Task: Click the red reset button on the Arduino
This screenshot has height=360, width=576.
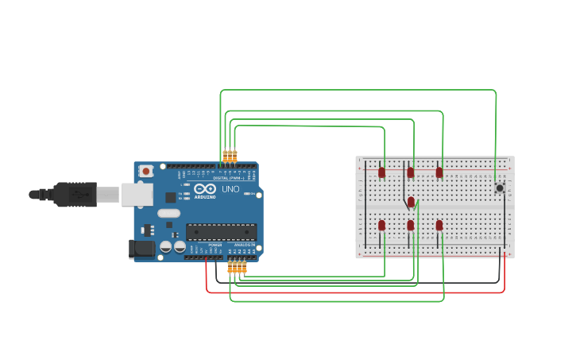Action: (146, 171)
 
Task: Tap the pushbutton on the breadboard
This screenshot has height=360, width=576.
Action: (500, 188)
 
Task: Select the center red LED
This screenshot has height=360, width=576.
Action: (411, 202)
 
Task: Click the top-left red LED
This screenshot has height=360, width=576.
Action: (381, 172)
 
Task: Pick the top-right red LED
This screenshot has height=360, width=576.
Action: (439, 172)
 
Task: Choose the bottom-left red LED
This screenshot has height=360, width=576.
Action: (381, 225)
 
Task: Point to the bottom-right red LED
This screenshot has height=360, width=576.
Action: (439, 225)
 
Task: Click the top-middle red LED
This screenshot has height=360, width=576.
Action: (411, 172)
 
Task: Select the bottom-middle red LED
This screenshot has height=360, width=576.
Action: (411, 225)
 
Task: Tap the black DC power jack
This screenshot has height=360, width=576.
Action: (141, 249)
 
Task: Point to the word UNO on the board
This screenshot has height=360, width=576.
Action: (230, 189)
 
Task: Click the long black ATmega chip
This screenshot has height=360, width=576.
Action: (221, 232)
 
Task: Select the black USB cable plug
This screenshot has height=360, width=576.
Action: (75, 194)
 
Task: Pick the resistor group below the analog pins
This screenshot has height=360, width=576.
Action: (237, 269)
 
